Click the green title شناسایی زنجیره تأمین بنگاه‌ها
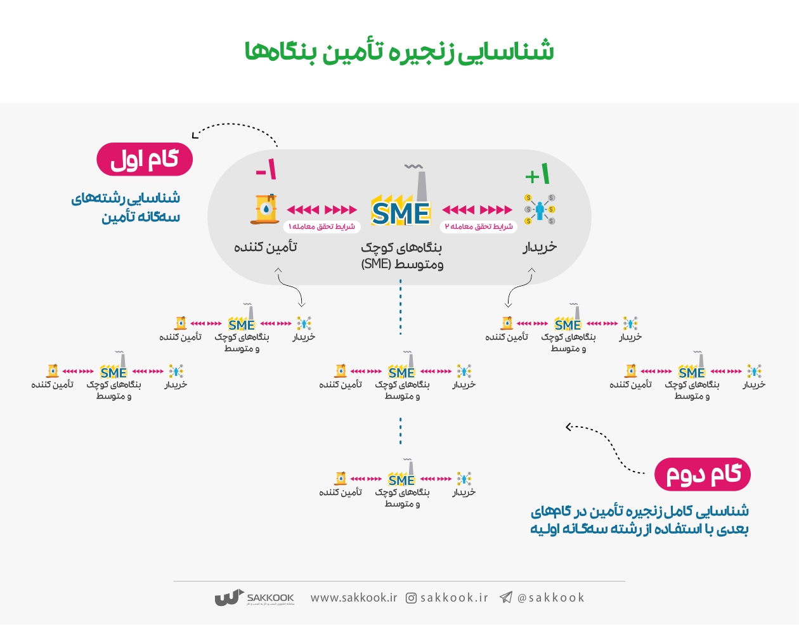click(399, 51)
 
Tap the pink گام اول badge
click(145, 160)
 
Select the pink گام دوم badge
click(703, 474)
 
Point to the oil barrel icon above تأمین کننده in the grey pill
click(264, 209)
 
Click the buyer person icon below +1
click(540, 210)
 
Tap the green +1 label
click(538, 174)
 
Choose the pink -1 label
click(266, 170)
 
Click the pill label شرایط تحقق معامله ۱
click(322, 226)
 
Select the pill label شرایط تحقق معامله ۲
click(478, 226)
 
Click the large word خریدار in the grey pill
click(540, 247)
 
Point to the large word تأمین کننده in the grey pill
click(265, 247)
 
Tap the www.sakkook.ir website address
click(353, 598)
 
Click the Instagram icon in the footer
click(411, 598)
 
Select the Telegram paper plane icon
click(506, 597)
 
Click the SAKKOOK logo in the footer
click(254, 598)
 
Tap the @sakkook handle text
click(550, 598)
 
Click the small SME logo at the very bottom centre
click(402, 479)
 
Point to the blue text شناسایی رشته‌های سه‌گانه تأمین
click(126, 207)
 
